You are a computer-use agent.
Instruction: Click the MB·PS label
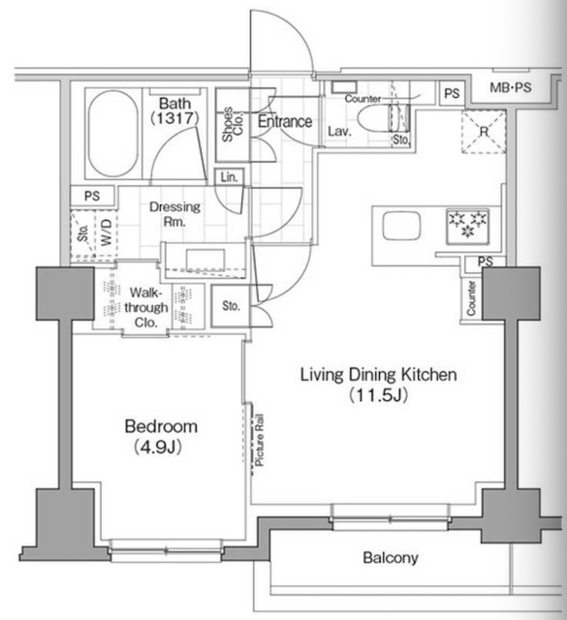tap(510, 89)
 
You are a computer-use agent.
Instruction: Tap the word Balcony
tap(390, 558)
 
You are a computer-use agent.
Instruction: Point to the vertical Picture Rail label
tap(260, 442)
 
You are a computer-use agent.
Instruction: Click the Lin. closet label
tap(229, 177)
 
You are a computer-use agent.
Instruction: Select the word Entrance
tap(284, 122)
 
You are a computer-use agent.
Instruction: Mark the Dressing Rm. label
tap(174, 213)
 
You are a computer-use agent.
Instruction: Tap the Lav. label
tap(338, 131)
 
